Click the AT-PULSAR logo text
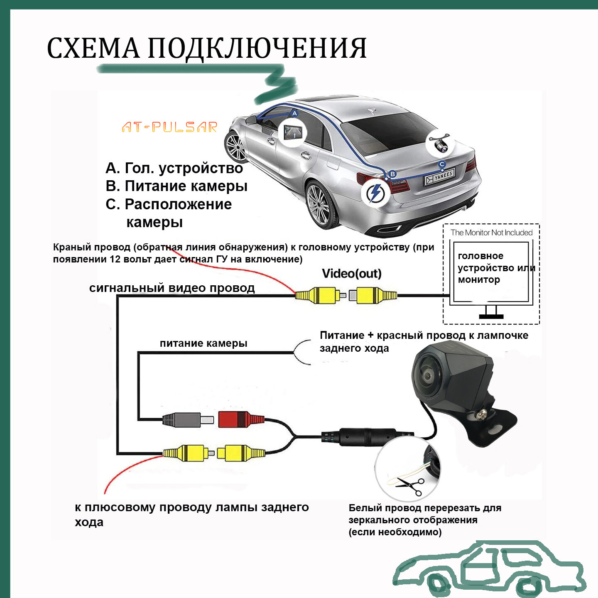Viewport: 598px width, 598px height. [x=169, y=127]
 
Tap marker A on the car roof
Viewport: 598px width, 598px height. [x=294, y=113]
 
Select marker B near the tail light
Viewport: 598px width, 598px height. [x=392, y=174]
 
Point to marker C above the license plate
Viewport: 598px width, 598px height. [x=442, y=164]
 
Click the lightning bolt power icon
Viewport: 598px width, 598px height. [x=376, y=193]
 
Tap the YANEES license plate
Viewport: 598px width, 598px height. [x=440, y=176]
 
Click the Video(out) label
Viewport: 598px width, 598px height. [x=351, y=274]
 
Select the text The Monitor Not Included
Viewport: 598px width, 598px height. [x=491, y=233]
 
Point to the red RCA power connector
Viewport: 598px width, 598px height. [x=240, y=419]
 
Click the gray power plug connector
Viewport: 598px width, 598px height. [x=187, y=420]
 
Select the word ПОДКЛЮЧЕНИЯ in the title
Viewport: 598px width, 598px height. [x=257, y=49]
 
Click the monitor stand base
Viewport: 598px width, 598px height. [x=491, y=316]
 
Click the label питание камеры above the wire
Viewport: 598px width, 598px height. [x=203, y=343]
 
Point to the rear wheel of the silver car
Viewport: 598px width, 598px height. [x=319, y=205]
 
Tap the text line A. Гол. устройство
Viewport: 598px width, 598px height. [x=174, y=168]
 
